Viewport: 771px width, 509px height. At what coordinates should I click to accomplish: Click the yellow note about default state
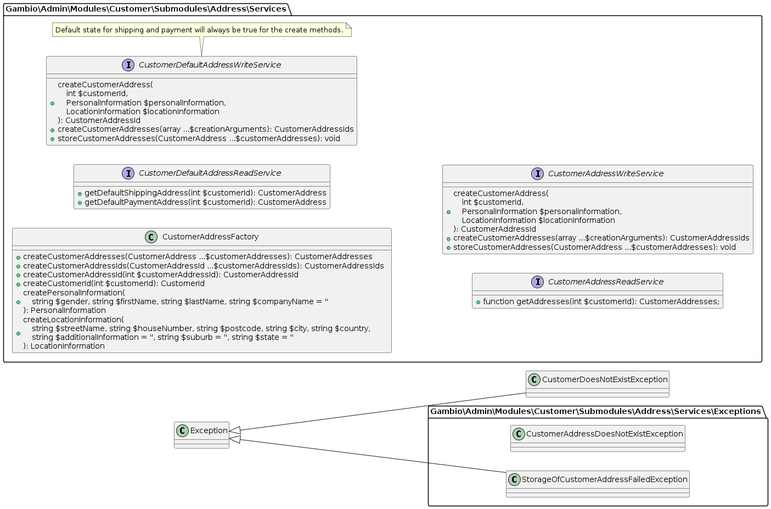201,30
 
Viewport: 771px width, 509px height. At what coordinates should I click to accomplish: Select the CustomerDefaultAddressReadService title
210,173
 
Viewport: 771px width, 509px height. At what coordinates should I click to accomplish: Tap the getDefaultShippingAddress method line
205,193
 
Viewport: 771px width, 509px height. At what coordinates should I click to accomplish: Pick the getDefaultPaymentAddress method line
205,202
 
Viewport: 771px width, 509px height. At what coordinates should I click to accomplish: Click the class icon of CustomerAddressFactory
151,237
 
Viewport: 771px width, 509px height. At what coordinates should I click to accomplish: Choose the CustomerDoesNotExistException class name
605,379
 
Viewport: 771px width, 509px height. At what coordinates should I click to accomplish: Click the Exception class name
209,430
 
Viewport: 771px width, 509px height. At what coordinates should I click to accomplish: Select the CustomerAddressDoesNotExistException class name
604,434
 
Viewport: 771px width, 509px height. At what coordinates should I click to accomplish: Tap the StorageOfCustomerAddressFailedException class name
604,479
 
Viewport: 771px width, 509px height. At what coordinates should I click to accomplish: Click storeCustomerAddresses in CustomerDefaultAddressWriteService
199,138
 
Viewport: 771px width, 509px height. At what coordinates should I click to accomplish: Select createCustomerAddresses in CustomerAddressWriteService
601,238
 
